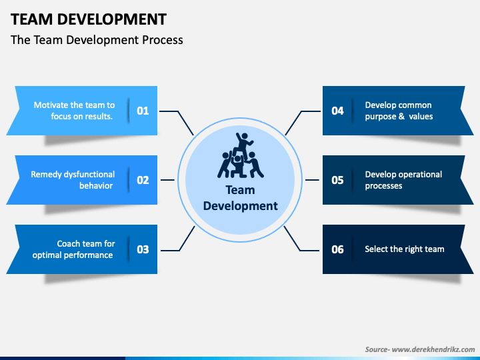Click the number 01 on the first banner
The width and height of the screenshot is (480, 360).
pos(143,111)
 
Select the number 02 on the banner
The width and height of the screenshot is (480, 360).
pos(143,180)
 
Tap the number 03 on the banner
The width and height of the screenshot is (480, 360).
pos(143,249)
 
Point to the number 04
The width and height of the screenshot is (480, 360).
pos(337,111)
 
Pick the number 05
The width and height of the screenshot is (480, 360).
pos(337,180)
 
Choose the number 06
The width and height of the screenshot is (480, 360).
pos(337,249)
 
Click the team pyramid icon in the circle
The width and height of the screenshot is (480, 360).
pos(241,155)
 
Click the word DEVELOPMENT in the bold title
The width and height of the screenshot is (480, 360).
pos(112,19)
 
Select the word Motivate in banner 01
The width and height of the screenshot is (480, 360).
pos(51,105)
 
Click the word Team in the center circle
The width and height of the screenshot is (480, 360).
pos(240,190)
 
